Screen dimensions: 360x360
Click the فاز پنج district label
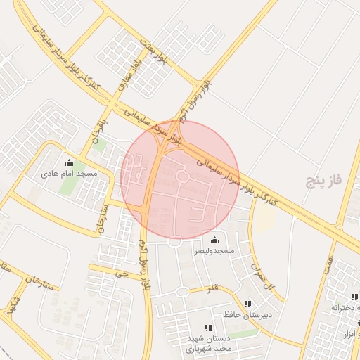coord(323,181)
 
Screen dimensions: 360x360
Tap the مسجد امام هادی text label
coord(69,173)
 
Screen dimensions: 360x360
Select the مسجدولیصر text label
coord(214,251)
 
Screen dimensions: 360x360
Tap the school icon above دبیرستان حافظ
coord(247,304)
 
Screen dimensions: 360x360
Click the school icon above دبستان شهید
coord(207,328)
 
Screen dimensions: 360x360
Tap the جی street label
coord(124,274)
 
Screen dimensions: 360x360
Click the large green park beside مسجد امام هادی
coord(69,186)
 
